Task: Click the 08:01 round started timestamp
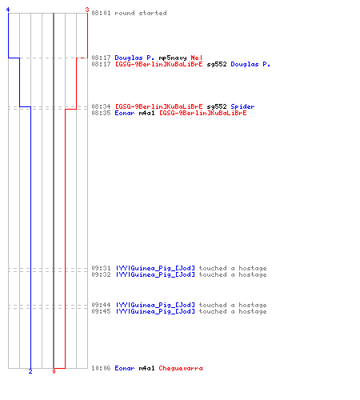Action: [x=101, y=13]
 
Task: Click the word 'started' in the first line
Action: [x=153, y=13]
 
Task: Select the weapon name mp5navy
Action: [x=173, y=58]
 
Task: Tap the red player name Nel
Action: [x=197, y=58]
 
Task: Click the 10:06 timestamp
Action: [x=101, y=368]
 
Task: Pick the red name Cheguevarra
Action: [x=181, y=368]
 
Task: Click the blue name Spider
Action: [x=242, y=106]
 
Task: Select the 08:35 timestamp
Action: [x=101, y=113]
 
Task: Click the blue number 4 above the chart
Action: [x=8, y=10]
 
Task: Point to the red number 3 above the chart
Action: [x=87, y=10]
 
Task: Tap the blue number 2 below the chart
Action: [x=30, y=371]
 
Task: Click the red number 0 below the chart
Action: [x=54, y=371]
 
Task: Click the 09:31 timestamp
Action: [x=101, y=268]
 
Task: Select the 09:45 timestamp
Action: [x=101, y=311]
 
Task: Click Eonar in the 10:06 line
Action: [x=125, y=368]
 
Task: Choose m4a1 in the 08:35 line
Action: [x=146, y=113]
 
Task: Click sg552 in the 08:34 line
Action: [x=217, y=106]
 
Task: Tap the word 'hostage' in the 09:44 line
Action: [x=253, y=305]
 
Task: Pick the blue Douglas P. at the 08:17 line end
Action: [x=250, y=64]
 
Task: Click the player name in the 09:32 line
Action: [x=155, y=274]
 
